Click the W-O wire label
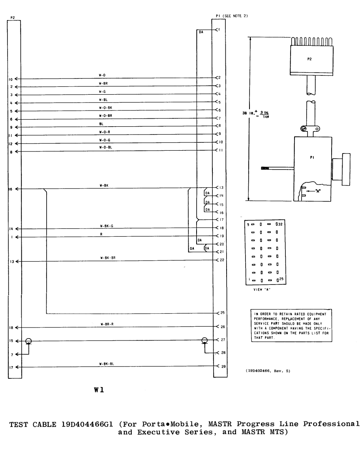click(102, 75)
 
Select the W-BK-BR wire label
click(108, 258)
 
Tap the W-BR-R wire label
click(107, 324)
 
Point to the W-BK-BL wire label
click(107, 364)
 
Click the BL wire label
click(101, 124)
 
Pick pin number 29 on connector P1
click(223, 367)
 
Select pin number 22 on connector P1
click(222, 260)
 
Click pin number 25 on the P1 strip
click(223, 313)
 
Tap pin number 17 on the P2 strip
click(11, 367)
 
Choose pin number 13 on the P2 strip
click(12, 262)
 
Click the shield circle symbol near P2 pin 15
click(28, 341)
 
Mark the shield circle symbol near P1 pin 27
click(204, 341)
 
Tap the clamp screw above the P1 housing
click(303, 129)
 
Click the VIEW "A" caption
click(262, 289)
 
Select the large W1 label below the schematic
click(99, 390)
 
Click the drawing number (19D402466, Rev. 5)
click(268, 371)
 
